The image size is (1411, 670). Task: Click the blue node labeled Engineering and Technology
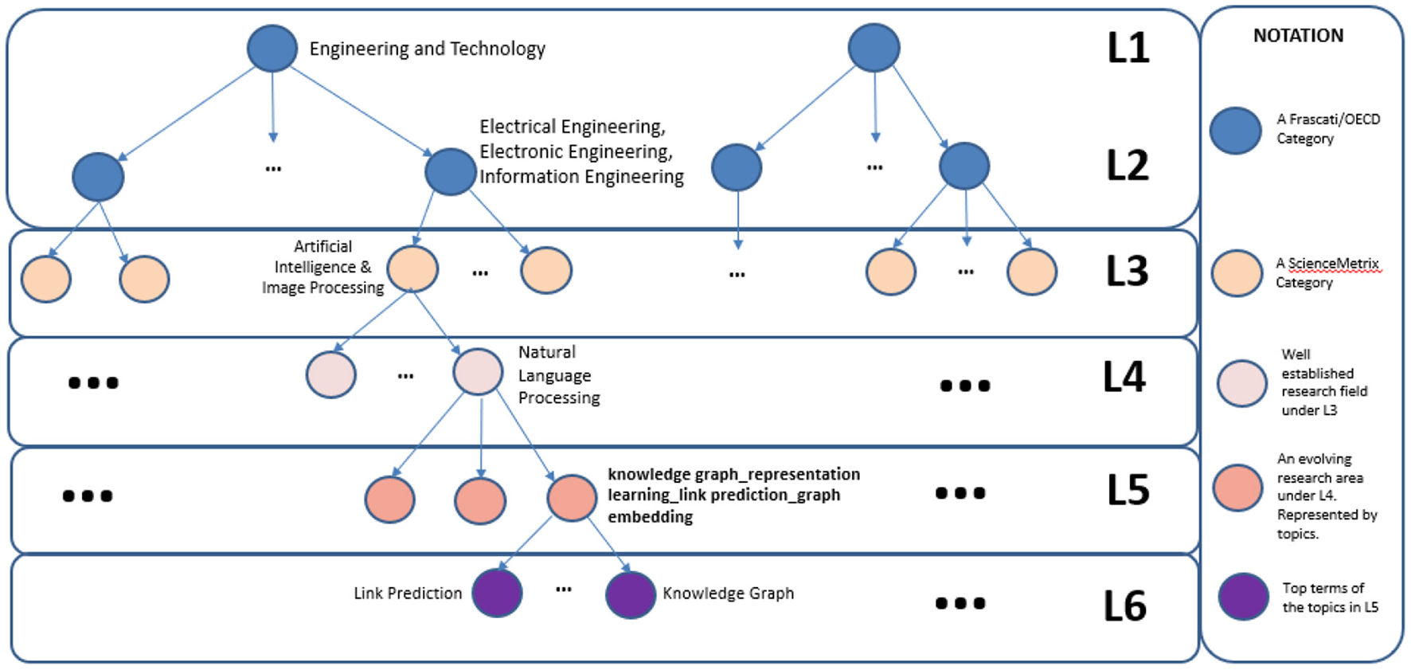272,48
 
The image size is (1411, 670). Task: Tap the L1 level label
1128,48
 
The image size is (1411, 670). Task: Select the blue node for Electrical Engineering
451,171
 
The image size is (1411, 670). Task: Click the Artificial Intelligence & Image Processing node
412,268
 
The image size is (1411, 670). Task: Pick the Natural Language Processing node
478,371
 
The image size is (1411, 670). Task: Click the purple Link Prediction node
497,593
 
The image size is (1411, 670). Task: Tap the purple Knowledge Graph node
631,594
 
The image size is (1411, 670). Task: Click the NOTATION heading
1298,36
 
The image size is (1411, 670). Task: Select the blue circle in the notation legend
1235,131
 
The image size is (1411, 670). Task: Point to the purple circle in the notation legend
1243,596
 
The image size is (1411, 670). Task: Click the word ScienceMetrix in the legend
1333,264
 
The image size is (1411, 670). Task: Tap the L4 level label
1124,377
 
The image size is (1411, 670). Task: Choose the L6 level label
1124,606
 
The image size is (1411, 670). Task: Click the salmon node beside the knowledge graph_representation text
572,498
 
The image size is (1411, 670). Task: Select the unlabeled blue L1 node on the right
874,47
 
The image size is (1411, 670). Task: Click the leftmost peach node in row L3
46,280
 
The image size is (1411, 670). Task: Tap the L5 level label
1128,490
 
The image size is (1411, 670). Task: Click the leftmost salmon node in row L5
389,500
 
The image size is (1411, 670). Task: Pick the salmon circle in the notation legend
1237,488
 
